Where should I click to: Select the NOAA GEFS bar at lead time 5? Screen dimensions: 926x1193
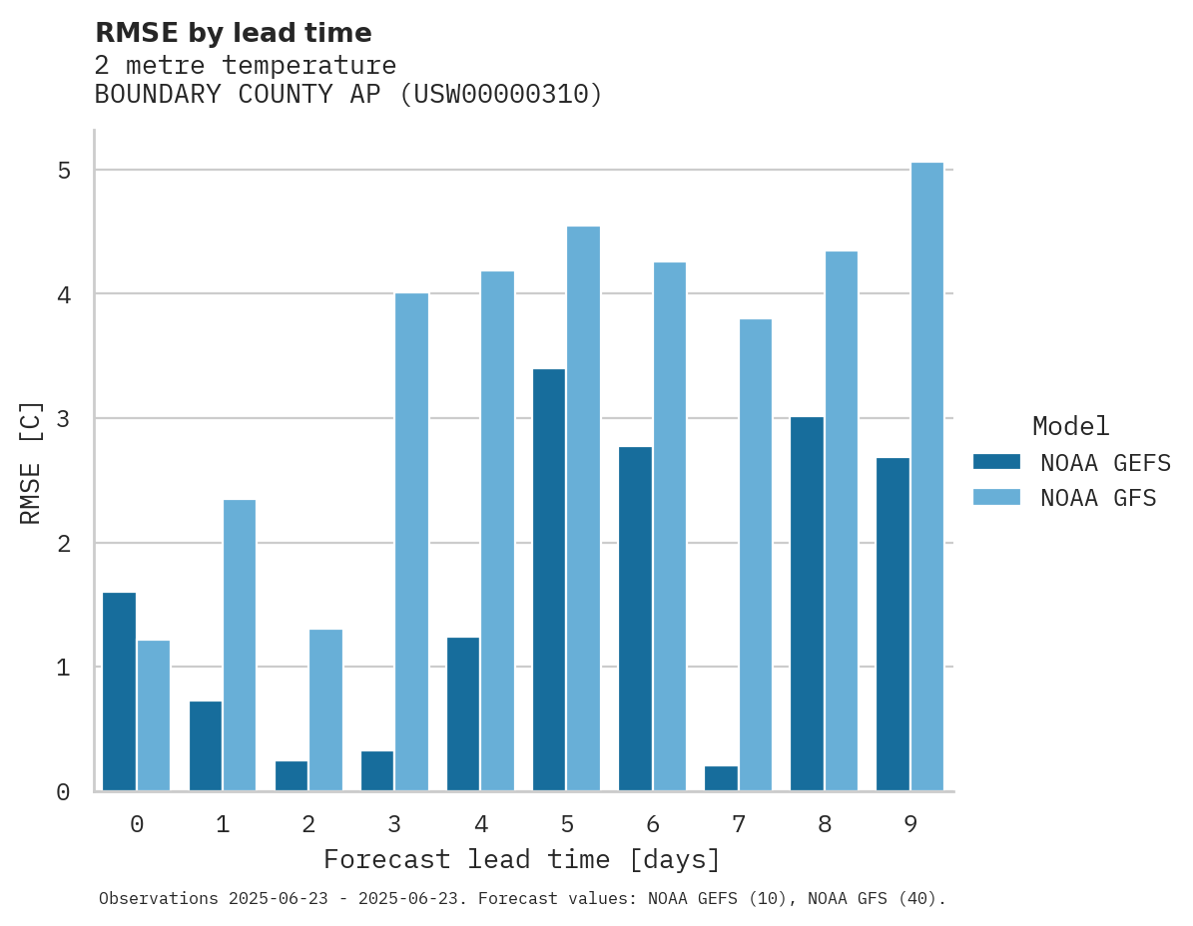coord(549,580)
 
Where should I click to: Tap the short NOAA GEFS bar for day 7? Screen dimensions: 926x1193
coord(721,778)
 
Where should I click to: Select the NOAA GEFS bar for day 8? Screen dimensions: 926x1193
coord(807,604)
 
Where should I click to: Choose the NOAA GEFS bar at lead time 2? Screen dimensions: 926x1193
coord(292,776)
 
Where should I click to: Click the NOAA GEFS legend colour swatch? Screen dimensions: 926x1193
coord(996,462)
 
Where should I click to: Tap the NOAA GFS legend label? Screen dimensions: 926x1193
coord(1098,498)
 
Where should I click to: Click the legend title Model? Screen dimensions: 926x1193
coord(1070,427)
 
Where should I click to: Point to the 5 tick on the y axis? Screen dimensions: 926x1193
coord(64,171)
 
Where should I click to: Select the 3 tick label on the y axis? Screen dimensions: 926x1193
coord(64,419)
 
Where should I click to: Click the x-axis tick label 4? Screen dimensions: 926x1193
coord(481,824)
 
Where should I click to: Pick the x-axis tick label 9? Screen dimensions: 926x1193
coord(910,824)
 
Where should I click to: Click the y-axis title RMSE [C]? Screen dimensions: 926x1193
coord(31,462)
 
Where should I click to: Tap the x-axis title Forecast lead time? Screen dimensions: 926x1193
coord(521,860)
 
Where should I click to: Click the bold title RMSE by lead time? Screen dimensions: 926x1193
coord(233,33)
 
